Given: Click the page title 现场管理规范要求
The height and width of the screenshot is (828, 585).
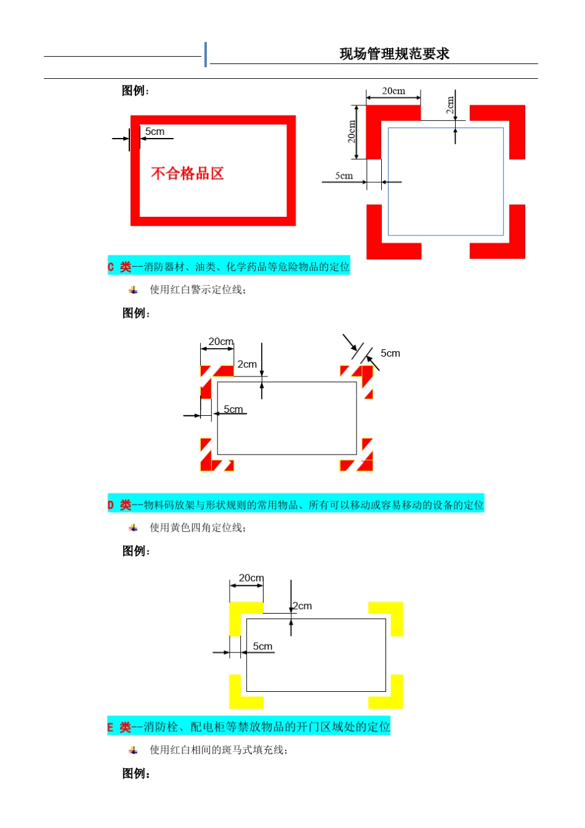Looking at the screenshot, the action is [394, 54].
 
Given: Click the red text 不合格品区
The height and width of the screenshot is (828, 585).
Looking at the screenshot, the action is [187, 174].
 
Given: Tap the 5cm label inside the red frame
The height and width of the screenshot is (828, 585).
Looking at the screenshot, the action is [155, 132].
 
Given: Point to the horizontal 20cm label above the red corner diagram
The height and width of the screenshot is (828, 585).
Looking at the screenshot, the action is [393, 91].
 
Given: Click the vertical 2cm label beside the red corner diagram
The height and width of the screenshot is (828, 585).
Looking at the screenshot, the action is [450, 105].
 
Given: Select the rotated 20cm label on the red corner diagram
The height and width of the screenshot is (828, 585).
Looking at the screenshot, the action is [352, 132].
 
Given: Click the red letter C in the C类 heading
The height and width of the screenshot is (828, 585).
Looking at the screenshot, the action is [111, 267].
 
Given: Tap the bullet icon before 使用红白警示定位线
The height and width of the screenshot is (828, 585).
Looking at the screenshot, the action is [133, 290].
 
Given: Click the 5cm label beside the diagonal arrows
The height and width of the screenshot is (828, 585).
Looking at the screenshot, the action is [390, 353].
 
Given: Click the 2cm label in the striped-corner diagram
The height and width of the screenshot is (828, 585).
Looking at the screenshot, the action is [247, 364].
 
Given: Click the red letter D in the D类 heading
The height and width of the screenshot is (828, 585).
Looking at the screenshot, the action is [111, 505].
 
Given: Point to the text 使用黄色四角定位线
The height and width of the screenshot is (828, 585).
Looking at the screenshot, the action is [198, 528].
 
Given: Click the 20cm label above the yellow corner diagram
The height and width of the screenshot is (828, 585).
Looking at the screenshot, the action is [251, 578].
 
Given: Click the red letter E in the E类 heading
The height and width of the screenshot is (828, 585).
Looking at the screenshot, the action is [111, 728].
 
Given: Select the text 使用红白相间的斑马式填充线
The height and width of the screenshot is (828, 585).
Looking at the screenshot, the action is [219, 750].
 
